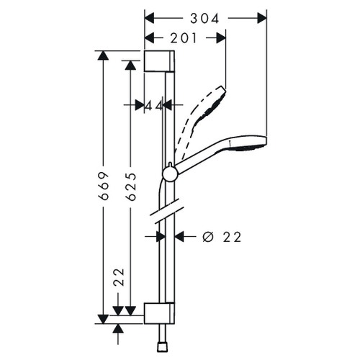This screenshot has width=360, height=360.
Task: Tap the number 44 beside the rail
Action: (153, 105)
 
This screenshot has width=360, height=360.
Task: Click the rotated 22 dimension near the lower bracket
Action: (119, 277)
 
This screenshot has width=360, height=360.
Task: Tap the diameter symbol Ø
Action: (207, 236)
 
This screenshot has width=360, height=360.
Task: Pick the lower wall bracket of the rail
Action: (158, 312)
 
